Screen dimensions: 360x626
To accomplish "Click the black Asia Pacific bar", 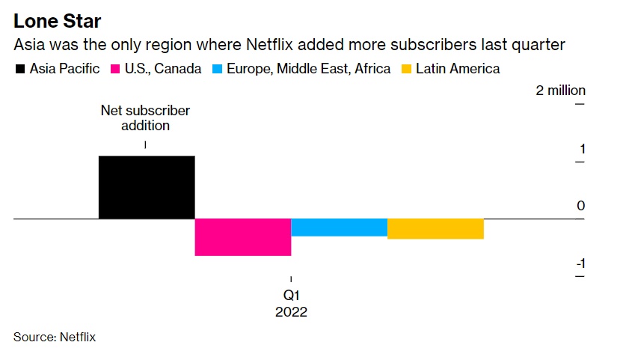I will tap(147, 187).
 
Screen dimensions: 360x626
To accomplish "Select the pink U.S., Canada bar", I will tap(242, 237).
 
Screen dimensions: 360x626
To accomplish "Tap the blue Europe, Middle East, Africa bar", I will tap(339, 228).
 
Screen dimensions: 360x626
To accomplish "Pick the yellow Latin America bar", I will tap(435, 229).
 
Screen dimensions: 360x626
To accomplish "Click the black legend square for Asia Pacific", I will tap(19, 70).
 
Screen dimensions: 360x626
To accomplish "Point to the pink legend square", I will tap(116, 70).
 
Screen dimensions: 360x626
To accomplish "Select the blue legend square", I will tap(217, 70).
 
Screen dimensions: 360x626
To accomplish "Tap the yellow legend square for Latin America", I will tap(405, 70).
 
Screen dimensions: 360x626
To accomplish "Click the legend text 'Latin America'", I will tap(458, 69).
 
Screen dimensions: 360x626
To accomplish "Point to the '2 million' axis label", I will tap(560, 91).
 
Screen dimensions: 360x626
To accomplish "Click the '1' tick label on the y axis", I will tap(581, 148).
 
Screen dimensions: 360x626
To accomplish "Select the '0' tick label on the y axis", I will tap(580, 206).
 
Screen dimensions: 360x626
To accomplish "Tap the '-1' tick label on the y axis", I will tap(579, 263).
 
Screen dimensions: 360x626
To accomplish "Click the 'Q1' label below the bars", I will tap(291, 296).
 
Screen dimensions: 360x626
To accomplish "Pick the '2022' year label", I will tap(291, 312).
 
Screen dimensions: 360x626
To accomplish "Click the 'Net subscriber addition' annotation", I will tap(145, 118).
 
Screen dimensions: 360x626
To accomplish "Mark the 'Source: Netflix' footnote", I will tap(55, 337).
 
